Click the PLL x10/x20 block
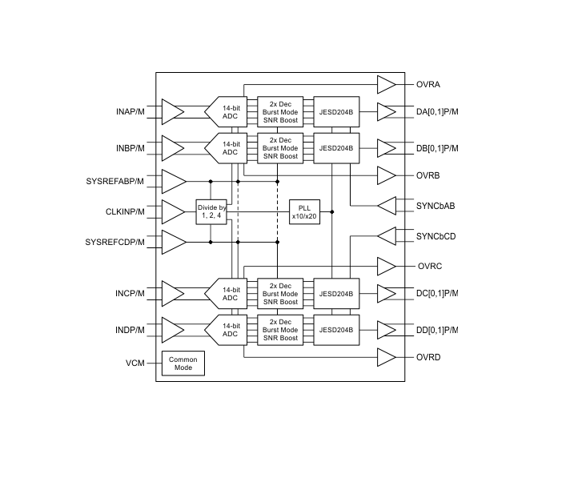pyautogui.click(x=304, y=212)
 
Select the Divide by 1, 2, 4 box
pyautogui.click(x=211, y=212)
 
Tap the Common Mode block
pyautogui.click(x=183, y=364)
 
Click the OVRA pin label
pyautogui.click(x=428, y=84)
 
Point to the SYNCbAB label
pyautogui.click(x=436, y=206)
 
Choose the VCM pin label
pyautogui.click(x=135, y=364)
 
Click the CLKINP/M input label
pyautogui.click(x=125, y=212)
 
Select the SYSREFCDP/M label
pyautogui.click(x=114, y=243)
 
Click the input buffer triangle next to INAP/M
pyautogui.click(x=173, y=112)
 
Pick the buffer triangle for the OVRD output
pyautogui.click(x=387, y=357)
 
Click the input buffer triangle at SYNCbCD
pyautogui.click(x=387, y=236)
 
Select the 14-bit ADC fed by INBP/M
pyautogui.click(x=226, y=148)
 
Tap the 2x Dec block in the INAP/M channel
pyautogui.click(x=280, y=112)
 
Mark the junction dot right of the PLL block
pyautogui.click(x=332, y=212)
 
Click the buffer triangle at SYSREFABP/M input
pyautogui.click(x=174, y=182)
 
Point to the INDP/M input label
pyautogui.click(x=130, y=330)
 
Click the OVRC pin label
pyautogui.click(x=430, y=267)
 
